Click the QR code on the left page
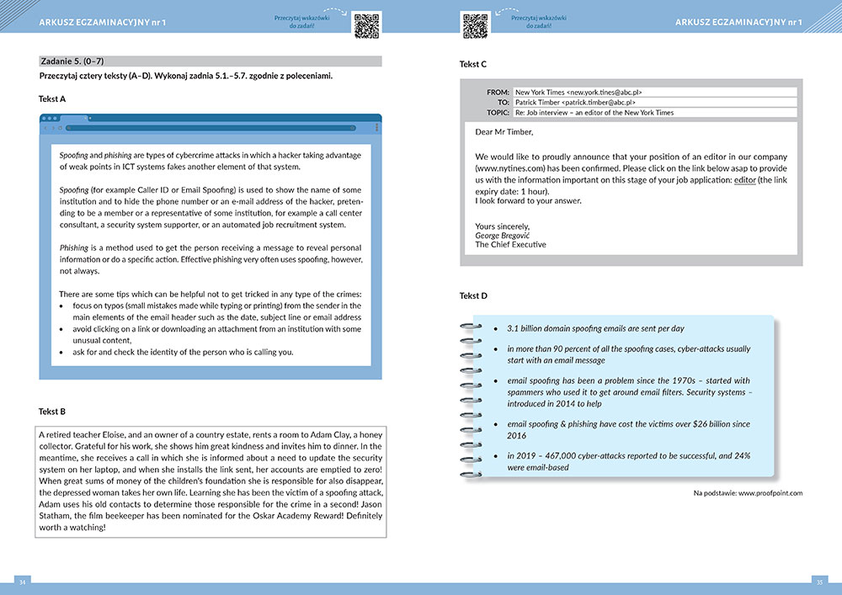click(x=366, y=25)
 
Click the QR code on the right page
click(x=476, y=25)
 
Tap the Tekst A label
click(x=52, y=98)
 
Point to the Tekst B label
click(x=52, y=412)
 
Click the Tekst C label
click(x=473, y=64)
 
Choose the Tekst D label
click(x=473, y=295)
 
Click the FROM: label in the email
click(x=498, y=92)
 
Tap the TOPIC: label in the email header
click(x=497, y=112)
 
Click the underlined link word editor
click(x=745, y=180)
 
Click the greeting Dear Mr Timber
click(x=504, y=132)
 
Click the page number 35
click(x=818, y=582)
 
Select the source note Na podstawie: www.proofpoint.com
click(x=748, y=492)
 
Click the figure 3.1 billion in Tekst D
click(x=527, y=327)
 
